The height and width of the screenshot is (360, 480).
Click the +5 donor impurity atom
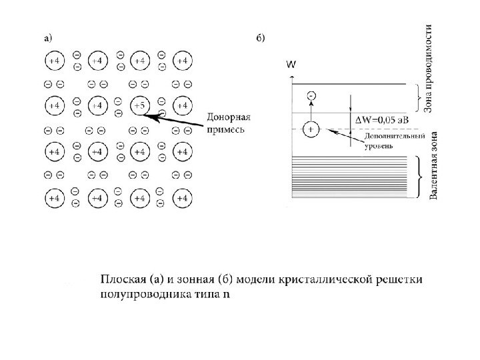click(139, 106)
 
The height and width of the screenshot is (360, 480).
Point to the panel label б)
click(261, 39)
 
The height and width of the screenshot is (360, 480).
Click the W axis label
click(291, 65)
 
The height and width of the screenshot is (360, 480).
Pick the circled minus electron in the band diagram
click(311, 97)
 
